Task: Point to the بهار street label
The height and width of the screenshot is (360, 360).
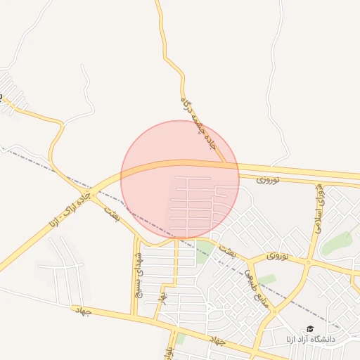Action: pos(163,298)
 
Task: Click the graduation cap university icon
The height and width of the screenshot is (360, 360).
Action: pos(310,329)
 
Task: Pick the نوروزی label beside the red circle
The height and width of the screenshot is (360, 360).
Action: pos(268,181)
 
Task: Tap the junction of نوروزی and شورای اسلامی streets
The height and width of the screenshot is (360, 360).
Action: pos(308,263)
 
